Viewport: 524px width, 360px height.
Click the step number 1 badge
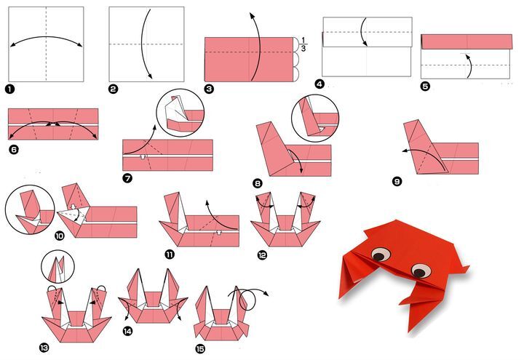tap(10, 89)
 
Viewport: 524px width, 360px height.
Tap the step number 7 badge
tap(127, 178)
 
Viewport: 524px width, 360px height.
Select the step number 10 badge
tap(59, 236)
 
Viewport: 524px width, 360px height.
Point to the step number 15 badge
tap(200, 349)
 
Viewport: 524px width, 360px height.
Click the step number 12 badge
tap(262, 255)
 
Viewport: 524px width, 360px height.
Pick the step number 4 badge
tap(319, 84)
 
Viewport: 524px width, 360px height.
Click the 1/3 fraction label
tap(303, 44)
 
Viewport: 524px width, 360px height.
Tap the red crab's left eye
tap(381, 255)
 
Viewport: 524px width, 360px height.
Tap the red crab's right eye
tap(421, 270)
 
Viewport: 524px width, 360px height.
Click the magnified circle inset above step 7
tap(180, 113)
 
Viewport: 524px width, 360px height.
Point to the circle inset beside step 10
tap(30, 209)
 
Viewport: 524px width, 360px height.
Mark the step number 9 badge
tap(397, 182)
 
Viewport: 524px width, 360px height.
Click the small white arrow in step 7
tap(143, 156)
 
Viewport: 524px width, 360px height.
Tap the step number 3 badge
tap(209, 89)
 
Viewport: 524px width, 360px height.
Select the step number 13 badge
tap(44, 348)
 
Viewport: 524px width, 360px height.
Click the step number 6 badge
tap(13, 150)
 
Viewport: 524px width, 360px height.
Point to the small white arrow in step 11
tap(219, 233)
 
